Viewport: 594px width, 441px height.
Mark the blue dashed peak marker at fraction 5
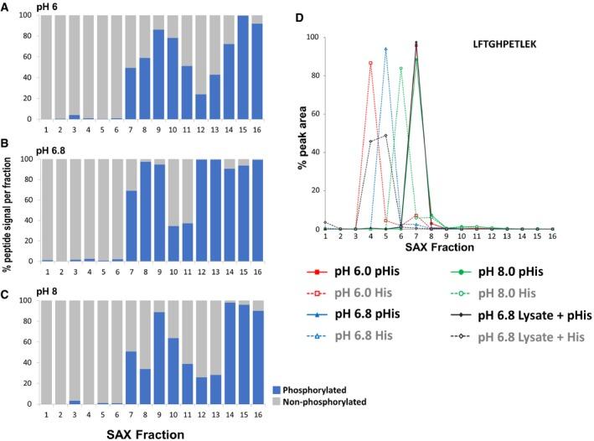click(385, 49)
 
